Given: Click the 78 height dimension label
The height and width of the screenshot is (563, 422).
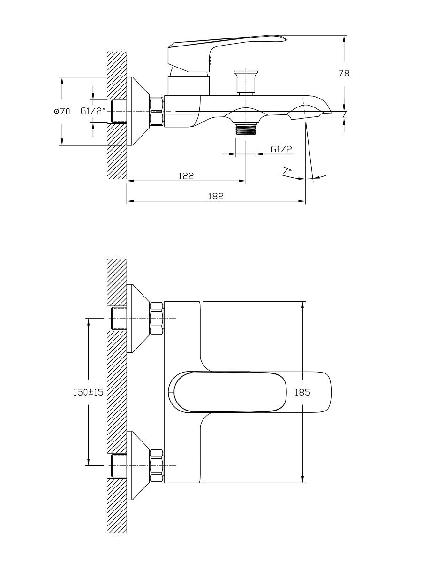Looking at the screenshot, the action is (344, 74).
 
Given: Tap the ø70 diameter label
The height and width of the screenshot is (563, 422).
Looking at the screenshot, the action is (62, 111).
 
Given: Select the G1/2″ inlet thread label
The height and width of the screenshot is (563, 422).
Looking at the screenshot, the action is (93, 111).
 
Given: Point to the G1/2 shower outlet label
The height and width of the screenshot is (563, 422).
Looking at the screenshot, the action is (281, 149).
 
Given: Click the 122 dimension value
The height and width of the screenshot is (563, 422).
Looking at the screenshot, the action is (186, 176).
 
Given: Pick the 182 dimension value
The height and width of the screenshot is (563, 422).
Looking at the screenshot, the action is (216, 196).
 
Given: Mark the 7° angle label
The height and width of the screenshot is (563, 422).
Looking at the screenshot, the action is (287, 170).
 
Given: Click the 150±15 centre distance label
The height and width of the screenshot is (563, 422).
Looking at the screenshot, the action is (89, 392).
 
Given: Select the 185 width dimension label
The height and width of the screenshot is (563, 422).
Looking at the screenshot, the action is (302, 392).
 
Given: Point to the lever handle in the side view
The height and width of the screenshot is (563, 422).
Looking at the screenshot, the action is (226, 53).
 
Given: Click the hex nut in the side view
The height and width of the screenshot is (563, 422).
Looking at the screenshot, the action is (156, 111).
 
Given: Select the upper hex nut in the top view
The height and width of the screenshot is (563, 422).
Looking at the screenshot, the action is (156, 319).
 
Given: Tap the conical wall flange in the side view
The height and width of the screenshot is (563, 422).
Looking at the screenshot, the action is (138, 111).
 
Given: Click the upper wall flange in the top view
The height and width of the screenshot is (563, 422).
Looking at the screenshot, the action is (138, 318).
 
